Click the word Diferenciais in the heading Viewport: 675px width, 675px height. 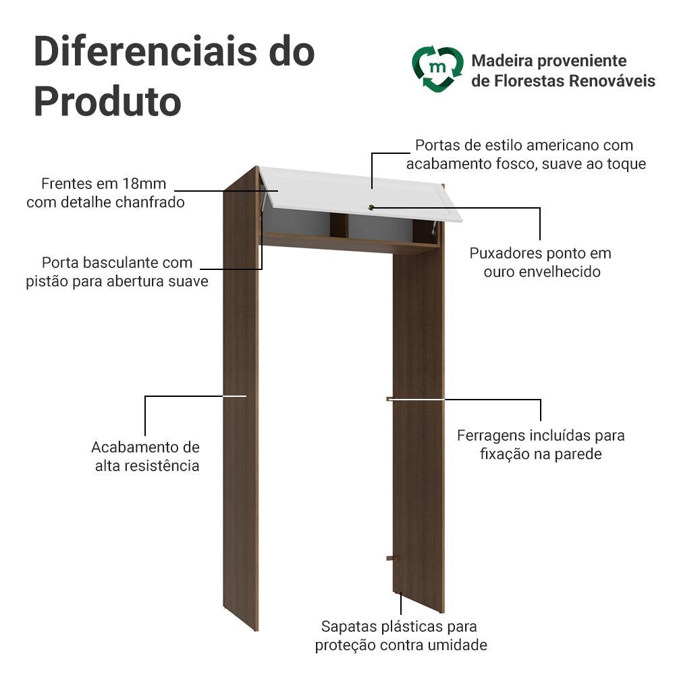tap(146, 51)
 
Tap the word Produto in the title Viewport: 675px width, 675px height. tap(107, 102)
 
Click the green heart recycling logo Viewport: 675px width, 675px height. tap(438, 69)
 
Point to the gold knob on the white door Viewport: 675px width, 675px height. tap(371, 207)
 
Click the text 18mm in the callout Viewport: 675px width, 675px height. tap(144, 184)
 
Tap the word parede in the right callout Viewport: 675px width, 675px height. tap(577, 454)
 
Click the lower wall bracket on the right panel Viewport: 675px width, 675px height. tap(391, 558)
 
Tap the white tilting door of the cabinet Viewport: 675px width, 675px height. tap(360, 194)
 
